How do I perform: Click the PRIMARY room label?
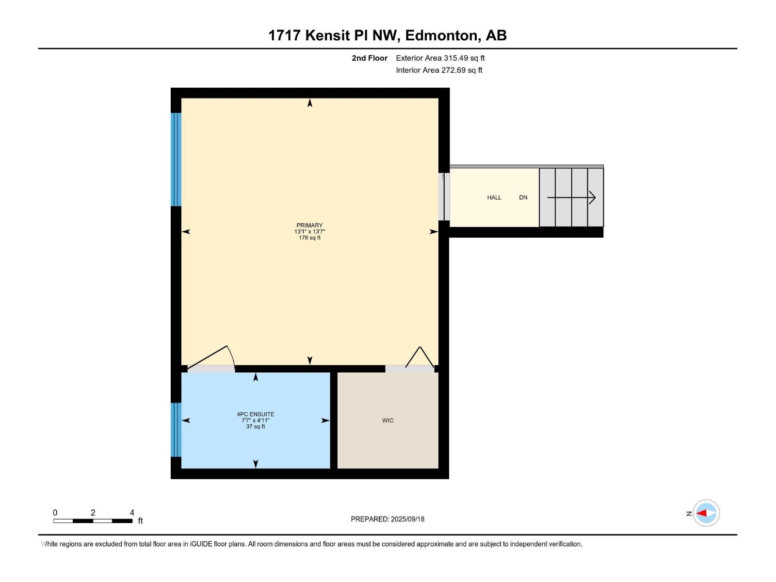point(309,225)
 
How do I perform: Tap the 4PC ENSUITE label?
point(256,414)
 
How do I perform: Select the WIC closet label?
point(388,420)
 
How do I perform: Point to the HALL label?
point(494,197)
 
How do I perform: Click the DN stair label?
point(523,197)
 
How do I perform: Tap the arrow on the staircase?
point(571,197)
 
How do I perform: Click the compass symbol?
point(706,513)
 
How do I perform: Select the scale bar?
point(93,521)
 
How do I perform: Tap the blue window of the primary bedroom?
point(176,159)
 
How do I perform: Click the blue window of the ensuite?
point(176,430)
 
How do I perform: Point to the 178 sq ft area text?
point(309,238)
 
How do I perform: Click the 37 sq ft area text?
point(256,427)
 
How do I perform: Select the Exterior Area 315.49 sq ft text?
point(440,58)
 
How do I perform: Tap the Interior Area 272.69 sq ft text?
point(439,70)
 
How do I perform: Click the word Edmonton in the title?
point(441,35)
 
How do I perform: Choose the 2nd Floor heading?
point(370,58)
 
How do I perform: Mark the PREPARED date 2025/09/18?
point(388,519)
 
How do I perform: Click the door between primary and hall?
point(444,197)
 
